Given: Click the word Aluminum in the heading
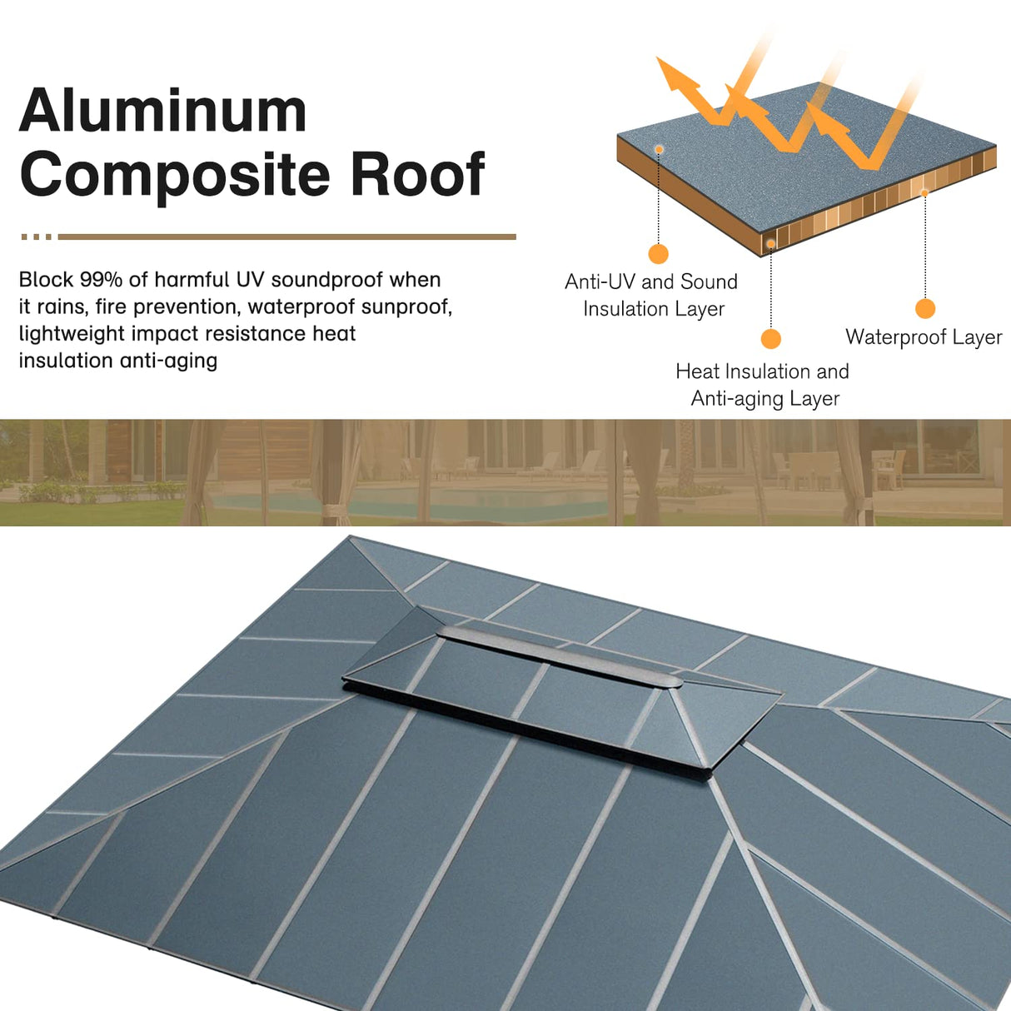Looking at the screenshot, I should click(x=163, y=111).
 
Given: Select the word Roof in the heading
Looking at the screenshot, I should click(x=417, y=174).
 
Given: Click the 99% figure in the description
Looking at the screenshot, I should click(x=101, y=280).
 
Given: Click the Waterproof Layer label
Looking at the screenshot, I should click(x=924, y=337).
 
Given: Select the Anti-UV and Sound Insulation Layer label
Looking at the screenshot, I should click(x=651, y=295).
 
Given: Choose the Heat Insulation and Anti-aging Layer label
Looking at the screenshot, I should click(x=763, y=385).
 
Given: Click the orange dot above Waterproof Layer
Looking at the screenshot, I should click(x=924, y=309).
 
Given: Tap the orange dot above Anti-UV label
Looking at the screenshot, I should click(x=658, y=254).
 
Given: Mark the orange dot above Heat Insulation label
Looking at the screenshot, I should click(x=771, y=339).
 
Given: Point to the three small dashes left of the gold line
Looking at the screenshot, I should click(x=37, y=237).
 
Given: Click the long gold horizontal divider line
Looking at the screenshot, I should click(x=287, y=237).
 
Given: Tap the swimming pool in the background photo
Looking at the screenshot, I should click(x=416, y=502).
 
